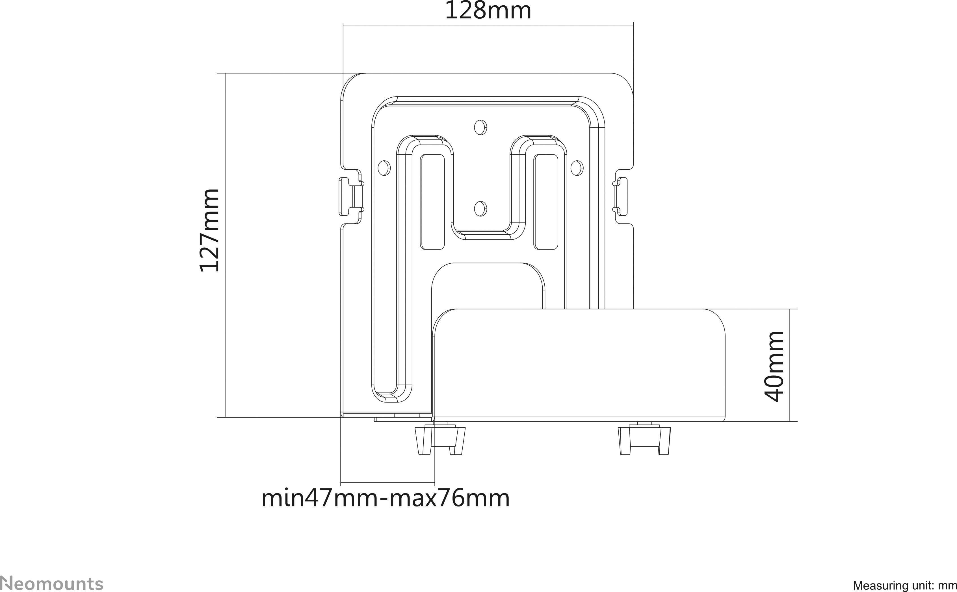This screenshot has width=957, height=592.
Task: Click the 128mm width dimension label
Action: click(x=488, y=11)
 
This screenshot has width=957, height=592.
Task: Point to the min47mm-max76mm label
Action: click(x=386, y=499)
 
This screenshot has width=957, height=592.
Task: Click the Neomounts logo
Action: click(x=52, y=583)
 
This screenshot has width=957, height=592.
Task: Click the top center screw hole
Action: click(x=480, y=127)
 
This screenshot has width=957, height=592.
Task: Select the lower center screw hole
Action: click(x=480, y=209)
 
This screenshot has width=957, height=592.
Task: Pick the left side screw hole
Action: click(x=384, y=168)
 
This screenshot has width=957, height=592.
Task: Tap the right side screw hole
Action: click(x=577, y=168)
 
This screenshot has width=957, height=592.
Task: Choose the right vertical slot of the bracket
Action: click(x=546, y=202)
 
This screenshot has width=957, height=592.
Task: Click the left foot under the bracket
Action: click(x=440, y=440)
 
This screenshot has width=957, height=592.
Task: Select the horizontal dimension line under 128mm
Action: click(x=488, y=25)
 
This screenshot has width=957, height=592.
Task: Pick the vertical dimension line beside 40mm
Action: click(x=789, y=365)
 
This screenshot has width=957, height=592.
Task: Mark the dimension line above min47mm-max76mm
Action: click(x=387, y=483)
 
